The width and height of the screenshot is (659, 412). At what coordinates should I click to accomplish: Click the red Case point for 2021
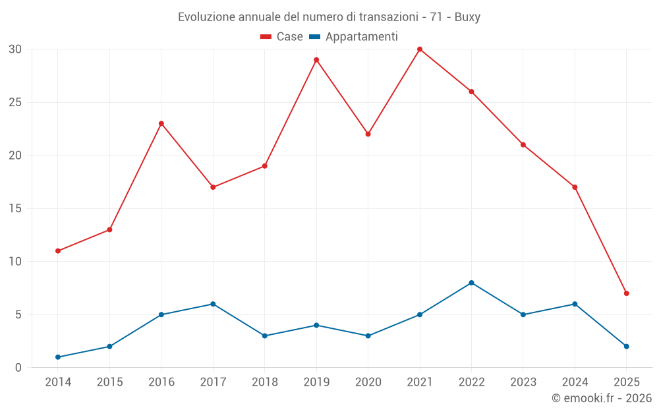coord(420,49)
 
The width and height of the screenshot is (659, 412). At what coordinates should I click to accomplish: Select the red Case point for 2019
coord(316,60)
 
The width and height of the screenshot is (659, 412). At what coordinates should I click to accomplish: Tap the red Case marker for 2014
coord(58,251)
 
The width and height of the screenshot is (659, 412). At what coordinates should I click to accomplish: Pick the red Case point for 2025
coord(627,293)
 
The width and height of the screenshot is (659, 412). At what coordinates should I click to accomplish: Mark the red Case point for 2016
coord(161,123)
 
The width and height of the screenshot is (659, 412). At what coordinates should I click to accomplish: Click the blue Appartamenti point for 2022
coord(472,283)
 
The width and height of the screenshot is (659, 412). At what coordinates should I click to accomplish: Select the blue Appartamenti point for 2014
coord(58,357)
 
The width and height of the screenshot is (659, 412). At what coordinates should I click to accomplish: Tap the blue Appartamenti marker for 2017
coord(213,304)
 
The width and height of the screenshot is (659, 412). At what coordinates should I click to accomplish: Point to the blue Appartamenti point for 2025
coord(627,347)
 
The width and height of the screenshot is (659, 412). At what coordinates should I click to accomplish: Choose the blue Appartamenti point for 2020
coord(368,336)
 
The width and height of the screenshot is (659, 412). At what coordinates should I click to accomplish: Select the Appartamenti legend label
coord(361,37)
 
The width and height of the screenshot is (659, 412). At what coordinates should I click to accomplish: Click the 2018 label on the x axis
coord(265,382)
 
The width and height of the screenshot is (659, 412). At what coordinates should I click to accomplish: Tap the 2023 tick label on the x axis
coord(523,382)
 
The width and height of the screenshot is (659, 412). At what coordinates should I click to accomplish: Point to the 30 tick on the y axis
coord(15,49)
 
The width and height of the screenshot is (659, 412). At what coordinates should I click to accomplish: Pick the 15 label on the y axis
coord(15,208)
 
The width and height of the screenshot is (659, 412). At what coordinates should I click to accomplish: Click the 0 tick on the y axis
coord(18,368)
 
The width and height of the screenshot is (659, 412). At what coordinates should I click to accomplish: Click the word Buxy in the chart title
coord(467,17)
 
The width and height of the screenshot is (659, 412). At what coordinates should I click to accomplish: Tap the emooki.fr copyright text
coord(602,398)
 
